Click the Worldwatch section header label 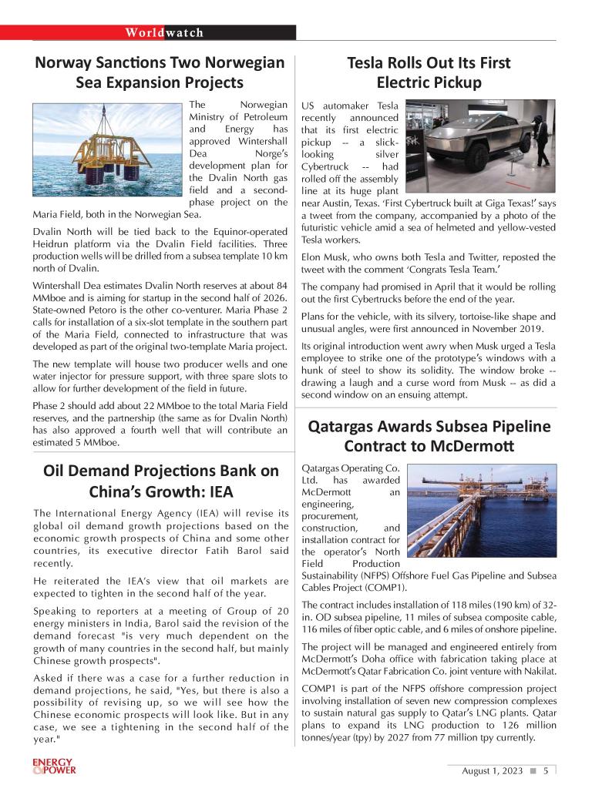165,32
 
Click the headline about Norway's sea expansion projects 160,72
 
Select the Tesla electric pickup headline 429,72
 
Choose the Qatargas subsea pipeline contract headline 429,435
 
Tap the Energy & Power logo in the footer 54,766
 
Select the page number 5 546,770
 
